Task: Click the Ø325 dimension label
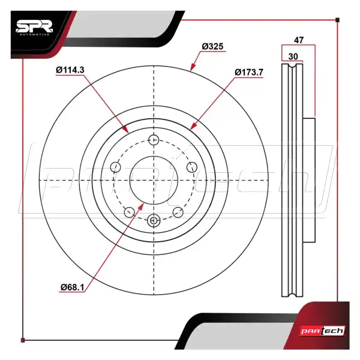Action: [212, 46]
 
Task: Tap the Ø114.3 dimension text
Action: [70, 70]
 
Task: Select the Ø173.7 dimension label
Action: [249, 73]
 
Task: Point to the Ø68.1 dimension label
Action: [73, 287]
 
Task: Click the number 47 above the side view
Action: [299, 40]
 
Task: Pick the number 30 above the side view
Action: [293, 56]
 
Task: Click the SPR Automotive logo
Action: [34, 28]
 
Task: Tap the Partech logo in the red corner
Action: [323, 331]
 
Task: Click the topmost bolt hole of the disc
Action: [154, 140]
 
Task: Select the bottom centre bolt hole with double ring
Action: [154, 220]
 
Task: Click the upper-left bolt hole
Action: [115, 167]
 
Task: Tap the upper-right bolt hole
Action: [192, 167]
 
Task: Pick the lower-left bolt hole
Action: [130, 212]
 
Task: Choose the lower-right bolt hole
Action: [178, 212]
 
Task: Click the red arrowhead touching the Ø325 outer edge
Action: [193, 67]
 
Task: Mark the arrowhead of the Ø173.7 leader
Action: [194, 126]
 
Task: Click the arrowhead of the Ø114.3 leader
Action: [125, 130]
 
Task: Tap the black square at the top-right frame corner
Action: [337, 20]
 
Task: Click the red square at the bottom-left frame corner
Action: [23, 340]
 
